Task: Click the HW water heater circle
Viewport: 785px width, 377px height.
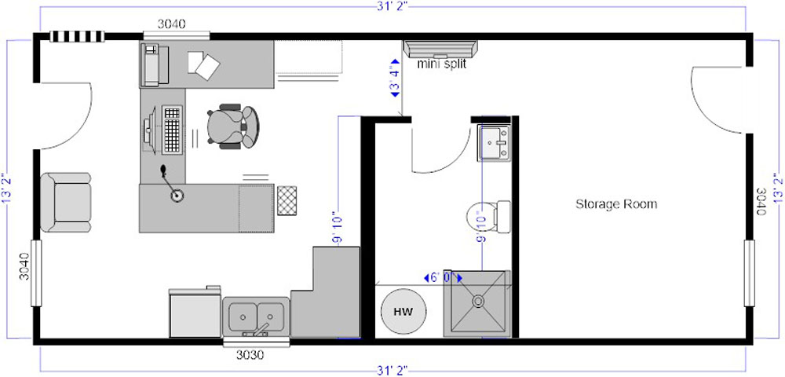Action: point(403,311)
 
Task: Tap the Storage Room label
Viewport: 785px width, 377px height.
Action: point(615,204)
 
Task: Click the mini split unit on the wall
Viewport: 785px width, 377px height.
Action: point(440,49)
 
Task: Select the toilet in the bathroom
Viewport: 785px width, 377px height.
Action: point(488,216)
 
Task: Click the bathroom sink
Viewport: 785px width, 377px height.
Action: point(494,143)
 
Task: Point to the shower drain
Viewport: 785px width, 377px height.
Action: point(478,301)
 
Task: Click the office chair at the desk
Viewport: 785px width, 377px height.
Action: point(233,126)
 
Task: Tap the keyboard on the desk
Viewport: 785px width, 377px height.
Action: point(172,129)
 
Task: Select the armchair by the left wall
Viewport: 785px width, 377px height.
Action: point(66,203)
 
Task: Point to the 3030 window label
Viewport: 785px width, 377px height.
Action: point(250,355)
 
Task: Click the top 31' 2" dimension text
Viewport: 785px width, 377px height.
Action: point(392,6)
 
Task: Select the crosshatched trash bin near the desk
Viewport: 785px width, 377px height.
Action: point(287,200)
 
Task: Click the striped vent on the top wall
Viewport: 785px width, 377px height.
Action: point(77,37)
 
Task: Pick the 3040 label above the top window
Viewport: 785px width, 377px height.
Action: point(172,23)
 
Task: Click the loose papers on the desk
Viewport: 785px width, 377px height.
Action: point(204,64)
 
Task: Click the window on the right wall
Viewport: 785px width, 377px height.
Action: point(749,273)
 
